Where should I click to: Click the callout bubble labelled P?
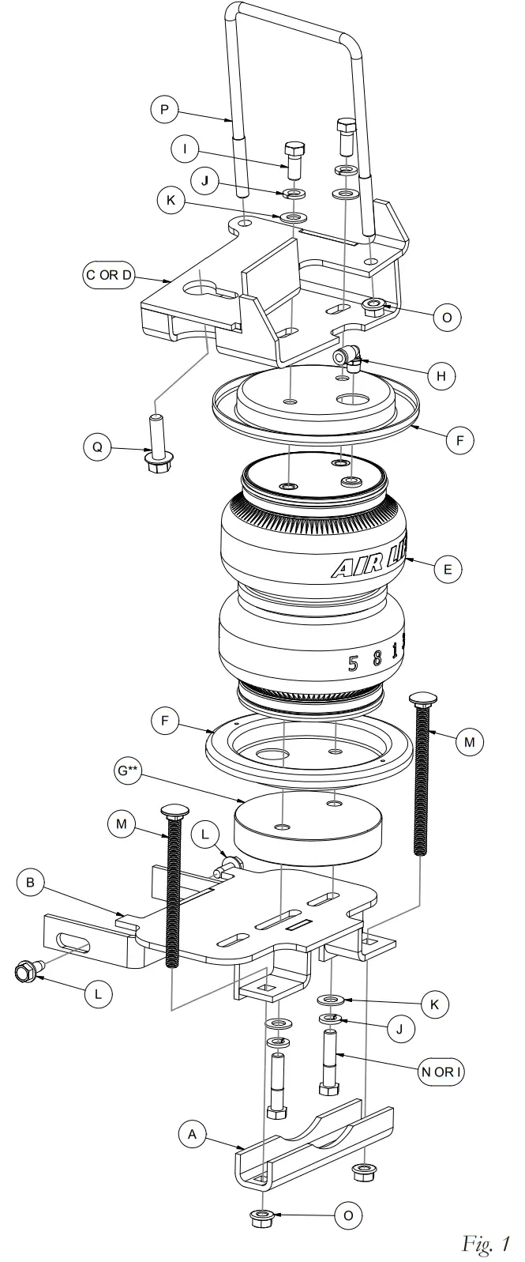tap(164, 110)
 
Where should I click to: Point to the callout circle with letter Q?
tap(97, 447)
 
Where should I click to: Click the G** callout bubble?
tap(127, 770)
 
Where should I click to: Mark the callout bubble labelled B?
tap(31, 883)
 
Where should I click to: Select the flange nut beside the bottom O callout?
tap(263, 1215)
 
